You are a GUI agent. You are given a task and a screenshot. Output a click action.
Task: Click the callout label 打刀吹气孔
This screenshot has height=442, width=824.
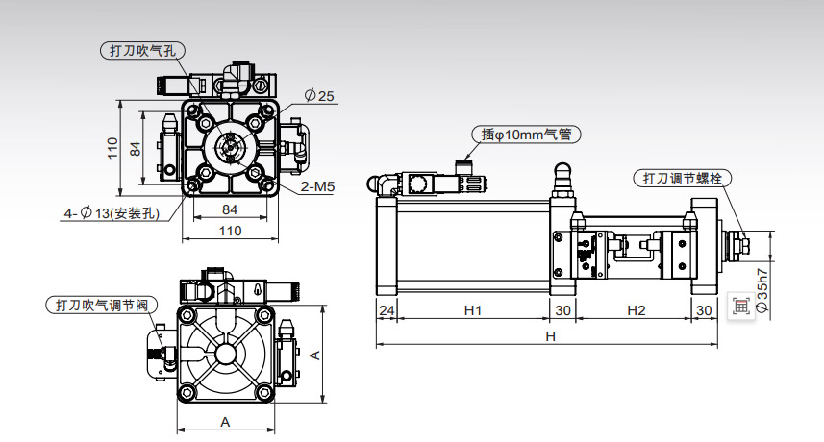pyautogui.click(x=142, y=50)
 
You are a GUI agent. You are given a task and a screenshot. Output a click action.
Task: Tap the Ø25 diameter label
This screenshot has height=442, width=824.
pyautogui.click(x=319, y=96)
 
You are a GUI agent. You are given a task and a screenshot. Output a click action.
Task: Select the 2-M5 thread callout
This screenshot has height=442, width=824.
pyautogui.click(x=317, y=186)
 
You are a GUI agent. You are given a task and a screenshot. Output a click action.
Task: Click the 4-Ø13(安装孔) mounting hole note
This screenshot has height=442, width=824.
pyautogui.click(x=112, y=213)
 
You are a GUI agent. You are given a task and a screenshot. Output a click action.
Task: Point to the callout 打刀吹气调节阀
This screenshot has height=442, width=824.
pyautogui.click(x=102, y=305)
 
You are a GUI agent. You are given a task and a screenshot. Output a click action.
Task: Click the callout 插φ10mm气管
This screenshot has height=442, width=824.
pyautogui.click(x=526, y=135)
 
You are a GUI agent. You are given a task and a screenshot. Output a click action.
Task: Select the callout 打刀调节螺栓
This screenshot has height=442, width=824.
pyautogui.click(x=682, y=178)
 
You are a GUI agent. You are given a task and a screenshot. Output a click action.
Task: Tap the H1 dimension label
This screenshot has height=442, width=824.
pyautogui.click(x=473, y=310)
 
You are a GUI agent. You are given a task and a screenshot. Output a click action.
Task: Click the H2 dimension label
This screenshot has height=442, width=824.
pyautogui.click(x=636, y=310)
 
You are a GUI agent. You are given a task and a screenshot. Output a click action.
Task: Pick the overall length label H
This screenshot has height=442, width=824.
pyautogui.click(x=550, y=336)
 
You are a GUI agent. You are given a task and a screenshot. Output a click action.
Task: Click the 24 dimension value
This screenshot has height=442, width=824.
pyautogui.click(x=387, y=310)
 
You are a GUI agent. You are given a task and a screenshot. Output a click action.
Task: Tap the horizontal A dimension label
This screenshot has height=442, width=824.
pyautogui.click(x=225, y=422)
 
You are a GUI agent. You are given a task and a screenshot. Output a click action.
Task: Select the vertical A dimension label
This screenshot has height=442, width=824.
pyautogui.click(x=314, y=356)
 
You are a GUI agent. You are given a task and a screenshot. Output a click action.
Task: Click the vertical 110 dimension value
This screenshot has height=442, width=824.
pyautogui.click(x=112, y=148)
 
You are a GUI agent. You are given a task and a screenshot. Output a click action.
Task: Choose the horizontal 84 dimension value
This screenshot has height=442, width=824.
pyautogui.click(x=230, y=209)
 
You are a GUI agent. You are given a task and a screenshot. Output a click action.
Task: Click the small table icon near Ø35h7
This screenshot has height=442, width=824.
pyautogui.click(x=741, y=307)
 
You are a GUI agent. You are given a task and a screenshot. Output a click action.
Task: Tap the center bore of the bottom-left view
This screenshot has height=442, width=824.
pyautogui.click(x=225, y=355)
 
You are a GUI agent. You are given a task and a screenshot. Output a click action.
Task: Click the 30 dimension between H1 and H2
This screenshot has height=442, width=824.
pyautogui.click(x=562, y=310)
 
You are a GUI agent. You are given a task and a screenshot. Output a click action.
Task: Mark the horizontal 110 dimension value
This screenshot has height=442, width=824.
pyautogui.click(x=230, y=231)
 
